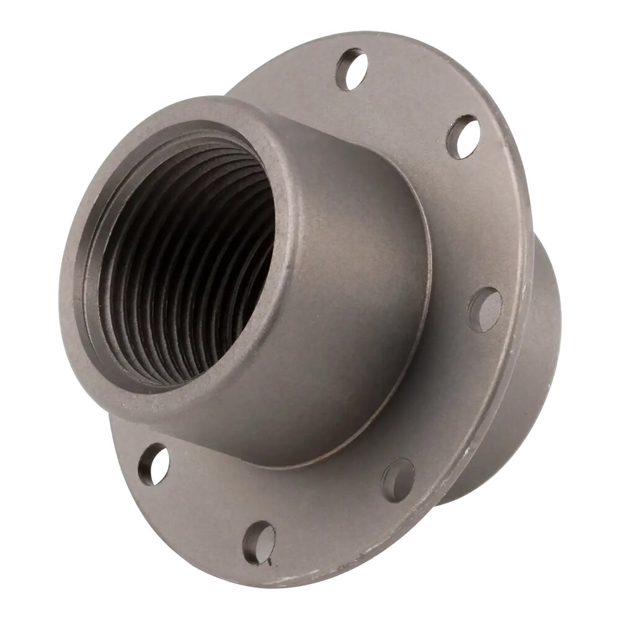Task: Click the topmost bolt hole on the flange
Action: (x=351, y=69)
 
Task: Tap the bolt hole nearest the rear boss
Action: (x=484, y=308)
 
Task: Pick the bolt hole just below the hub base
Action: (x=397, y=478)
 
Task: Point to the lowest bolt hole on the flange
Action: (x=259, y=542)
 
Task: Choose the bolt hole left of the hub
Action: (x=153, y=464)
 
